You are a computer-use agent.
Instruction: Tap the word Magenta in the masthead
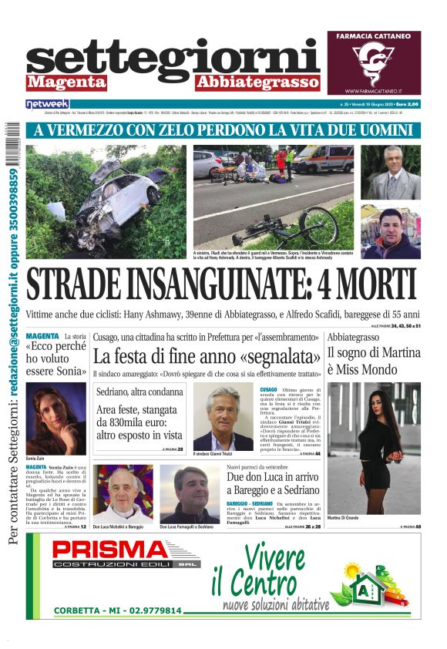[x=66, y=82]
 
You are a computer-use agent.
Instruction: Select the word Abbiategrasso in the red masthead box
[x=257, y=82]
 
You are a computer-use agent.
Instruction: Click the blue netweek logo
[x=47, y=104]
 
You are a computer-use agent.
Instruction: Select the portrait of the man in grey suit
[x=391, y=173]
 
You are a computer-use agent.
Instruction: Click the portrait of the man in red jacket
[x=391, y=234]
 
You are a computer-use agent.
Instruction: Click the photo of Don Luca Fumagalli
[x=190, y=493]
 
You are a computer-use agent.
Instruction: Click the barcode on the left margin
[x=13, y=150]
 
